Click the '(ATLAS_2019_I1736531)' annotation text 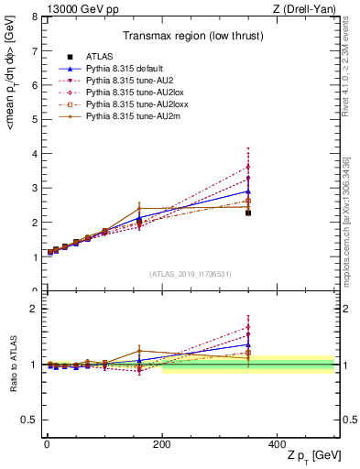click(x=190, y=274)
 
